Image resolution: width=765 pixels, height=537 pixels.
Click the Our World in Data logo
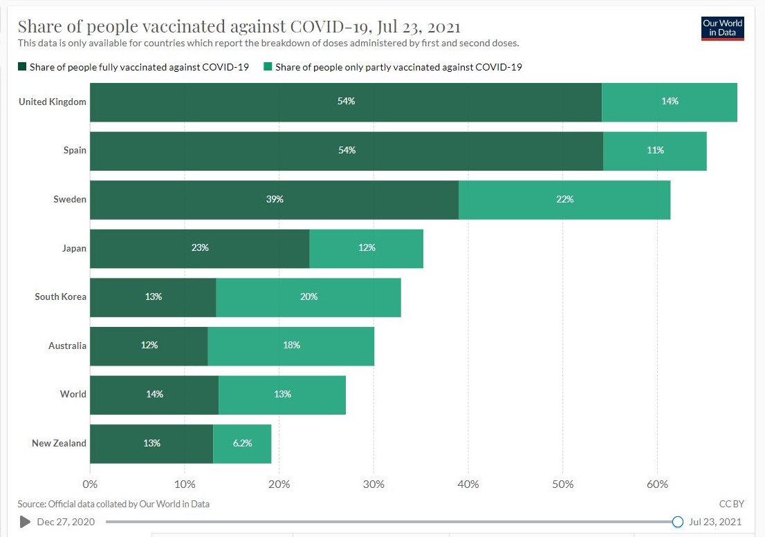point(722,28)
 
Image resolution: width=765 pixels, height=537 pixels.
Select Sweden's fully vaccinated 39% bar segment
point(274,200)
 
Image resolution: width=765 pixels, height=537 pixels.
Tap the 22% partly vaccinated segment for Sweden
point(564,200)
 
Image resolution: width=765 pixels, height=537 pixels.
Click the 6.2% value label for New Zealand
point(242,443)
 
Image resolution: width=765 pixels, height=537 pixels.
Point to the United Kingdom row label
point(53,102)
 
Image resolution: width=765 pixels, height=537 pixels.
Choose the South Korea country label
point(61,297)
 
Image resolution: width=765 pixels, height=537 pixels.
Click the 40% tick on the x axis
point(468,484)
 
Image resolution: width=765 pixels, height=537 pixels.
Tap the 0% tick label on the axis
point(90,484)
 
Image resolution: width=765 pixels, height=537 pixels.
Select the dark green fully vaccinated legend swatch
point(22,67)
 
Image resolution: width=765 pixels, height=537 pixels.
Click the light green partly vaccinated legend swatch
point(268,67)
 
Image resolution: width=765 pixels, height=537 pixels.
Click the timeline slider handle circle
point(678,522)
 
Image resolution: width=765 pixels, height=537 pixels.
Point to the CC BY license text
point(731,505)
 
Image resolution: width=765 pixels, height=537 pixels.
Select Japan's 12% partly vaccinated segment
point(367,248)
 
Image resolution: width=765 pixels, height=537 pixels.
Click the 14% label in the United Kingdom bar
point(670,102)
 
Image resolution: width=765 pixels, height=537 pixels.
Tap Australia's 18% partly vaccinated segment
point(291,346)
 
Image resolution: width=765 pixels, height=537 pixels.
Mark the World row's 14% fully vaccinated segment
point(154,395)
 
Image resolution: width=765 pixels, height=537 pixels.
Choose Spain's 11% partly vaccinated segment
point(655,151)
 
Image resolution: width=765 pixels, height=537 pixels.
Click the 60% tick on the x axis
point(658,484)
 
